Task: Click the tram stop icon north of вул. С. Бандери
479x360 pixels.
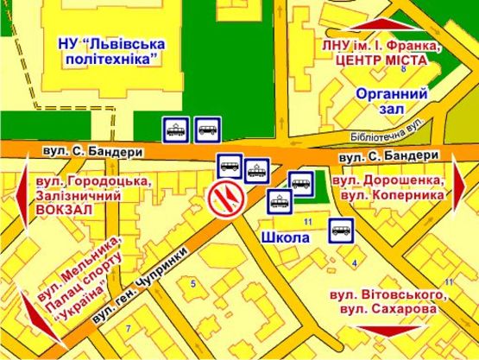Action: [x=176, y=130]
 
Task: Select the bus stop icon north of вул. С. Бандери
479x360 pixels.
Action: [x=207, y=129]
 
